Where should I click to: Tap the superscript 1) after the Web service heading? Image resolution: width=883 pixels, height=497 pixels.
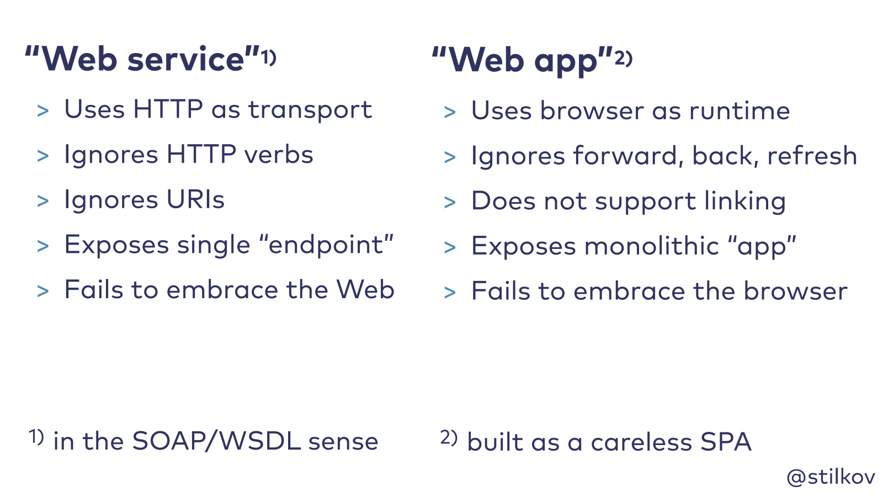pyautogui.click(x=268, y=57)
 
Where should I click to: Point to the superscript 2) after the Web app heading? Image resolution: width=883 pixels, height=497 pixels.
pyautogui.click(x=624, y=57)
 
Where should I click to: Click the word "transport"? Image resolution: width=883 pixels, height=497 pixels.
pyautogui.click(x=310, y=110)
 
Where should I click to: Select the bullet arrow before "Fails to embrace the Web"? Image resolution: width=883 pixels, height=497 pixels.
pyautogui.click(x=43, y=291)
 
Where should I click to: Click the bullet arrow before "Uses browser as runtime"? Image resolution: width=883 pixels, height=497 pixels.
pyautogui.click(x=450, y=112)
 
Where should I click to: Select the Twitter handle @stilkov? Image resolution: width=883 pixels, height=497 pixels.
pyautogui.click(x=831, y=477)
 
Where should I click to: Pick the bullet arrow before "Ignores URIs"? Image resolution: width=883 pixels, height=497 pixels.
pyautogui.click(x=43, y=201)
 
